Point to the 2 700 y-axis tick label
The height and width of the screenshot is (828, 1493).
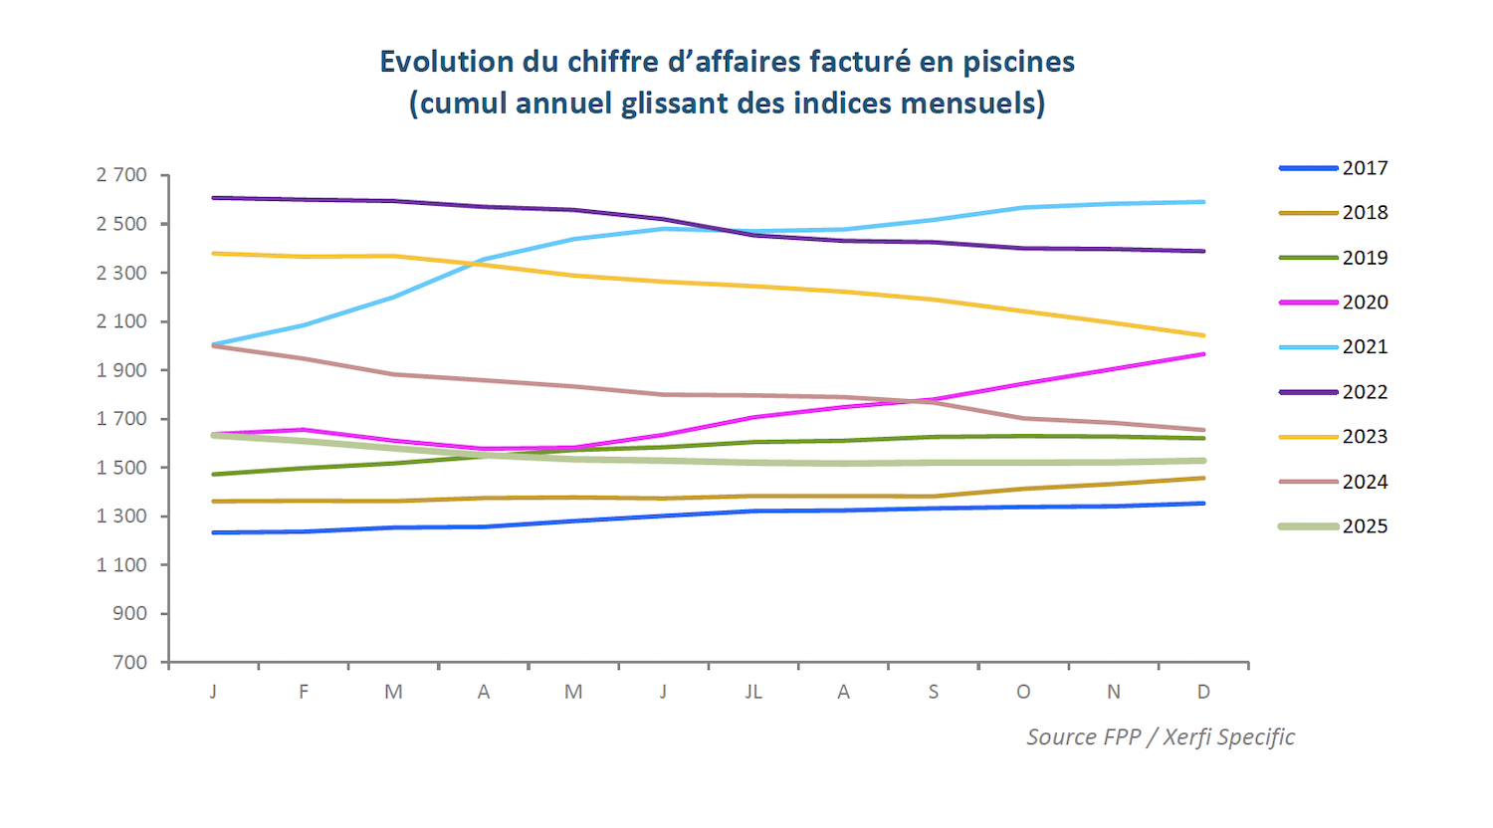pyautogui.click(x=121, y=175)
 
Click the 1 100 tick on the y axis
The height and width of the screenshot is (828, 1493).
pyautogui.click(x=121, y=565)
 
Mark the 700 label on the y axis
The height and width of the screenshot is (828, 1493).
pyautogui.click(x=130, y=663)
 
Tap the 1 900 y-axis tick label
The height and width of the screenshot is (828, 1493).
pyautogui.click(x=121, y=370)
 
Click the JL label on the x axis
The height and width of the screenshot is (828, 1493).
pyautogui.click(x=753, y=692)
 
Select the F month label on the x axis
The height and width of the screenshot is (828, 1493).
pyautogui.click(x=304, y=692)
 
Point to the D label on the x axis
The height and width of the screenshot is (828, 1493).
pyautogui.click(x=1203, y=692)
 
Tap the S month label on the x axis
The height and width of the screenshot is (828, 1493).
pyautogui.click(x=934, y=692)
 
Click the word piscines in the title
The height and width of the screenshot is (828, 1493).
pyautogui.click(x=1018, y=62)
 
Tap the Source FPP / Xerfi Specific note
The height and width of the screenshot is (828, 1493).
pyautogui.click(x=1161, y=737)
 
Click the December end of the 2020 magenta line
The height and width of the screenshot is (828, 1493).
pyautogui.click(x=1203, y=354)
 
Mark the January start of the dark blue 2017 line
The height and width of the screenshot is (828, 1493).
pyautogui.click(x=214, y=532)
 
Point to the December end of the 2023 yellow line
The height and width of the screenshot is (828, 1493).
pyautogui.click(x=1203, y=335)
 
